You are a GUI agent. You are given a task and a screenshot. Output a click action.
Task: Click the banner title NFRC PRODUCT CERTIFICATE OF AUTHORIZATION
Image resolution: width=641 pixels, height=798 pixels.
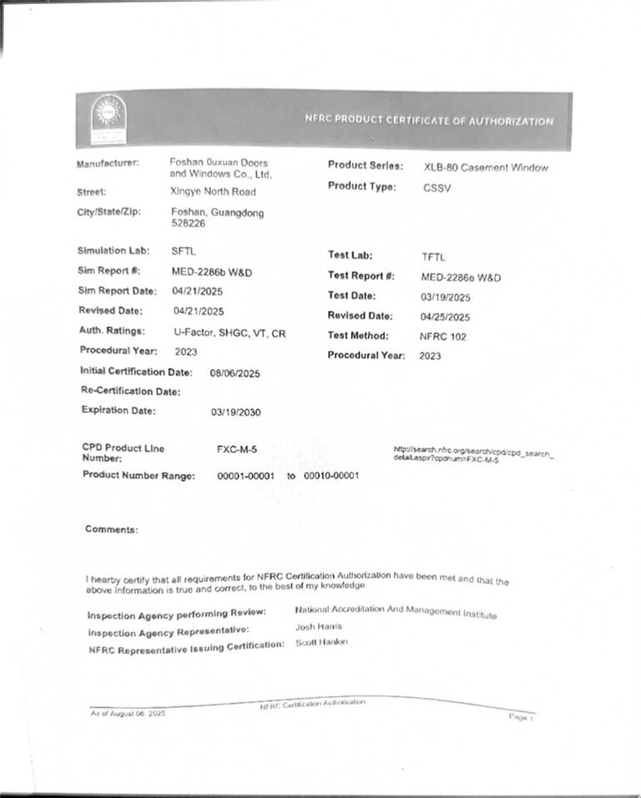pos(429,121)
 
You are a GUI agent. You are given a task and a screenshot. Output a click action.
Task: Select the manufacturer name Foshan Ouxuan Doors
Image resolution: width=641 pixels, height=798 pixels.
pos(219,162)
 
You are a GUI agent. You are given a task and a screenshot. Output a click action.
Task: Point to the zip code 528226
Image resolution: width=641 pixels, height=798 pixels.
pos(187,225)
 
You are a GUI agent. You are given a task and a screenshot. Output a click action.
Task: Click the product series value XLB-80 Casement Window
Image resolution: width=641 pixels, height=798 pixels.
pos(486,168)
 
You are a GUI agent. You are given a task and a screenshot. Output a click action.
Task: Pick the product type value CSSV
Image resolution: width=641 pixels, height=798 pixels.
pos(437,189)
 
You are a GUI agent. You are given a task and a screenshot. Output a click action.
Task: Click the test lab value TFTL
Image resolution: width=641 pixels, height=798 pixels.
pos(434,257)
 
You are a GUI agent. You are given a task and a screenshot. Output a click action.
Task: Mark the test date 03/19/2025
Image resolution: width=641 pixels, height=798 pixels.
pos(446,297)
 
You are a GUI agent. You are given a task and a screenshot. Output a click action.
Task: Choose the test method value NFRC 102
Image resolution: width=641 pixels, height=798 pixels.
pos(443,336)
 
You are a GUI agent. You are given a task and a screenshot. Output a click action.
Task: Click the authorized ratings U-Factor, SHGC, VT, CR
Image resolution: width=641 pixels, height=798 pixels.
pos(230,332)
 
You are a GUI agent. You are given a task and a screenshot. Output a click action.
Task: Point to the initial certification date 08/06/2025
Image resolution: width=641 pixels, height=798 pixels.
pos(235,374)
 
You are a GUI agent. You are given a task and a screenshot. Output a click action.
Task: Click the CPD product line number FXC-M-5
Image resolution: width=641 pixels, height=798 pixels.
pos(237,450)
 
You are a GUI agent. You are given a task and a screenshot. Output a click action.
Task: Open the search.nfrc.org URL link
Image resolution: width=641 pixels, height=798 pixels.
pos(473,456)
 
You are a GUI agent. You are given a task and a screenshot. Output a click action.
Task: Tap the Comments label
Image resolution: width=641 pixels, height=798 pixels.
pos(111,529)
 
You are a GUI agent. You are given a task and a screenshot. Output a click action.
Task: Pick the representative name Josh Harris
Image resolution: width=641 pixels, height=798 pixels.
pos(319,626)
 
